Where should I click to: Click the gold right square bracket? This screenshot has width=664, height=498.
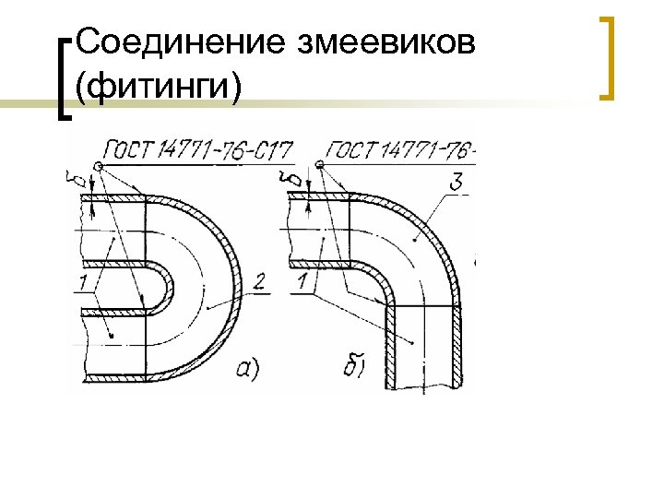[x=607, y=57]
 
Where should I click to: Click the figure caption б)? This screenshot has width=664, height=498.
[x=355, y=369]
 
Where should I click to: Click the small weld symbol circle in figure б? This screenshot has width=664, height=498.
[x=319, y=166]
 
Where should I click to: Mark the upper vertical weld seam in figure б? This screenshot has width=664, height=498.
[x=350, y=231]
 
